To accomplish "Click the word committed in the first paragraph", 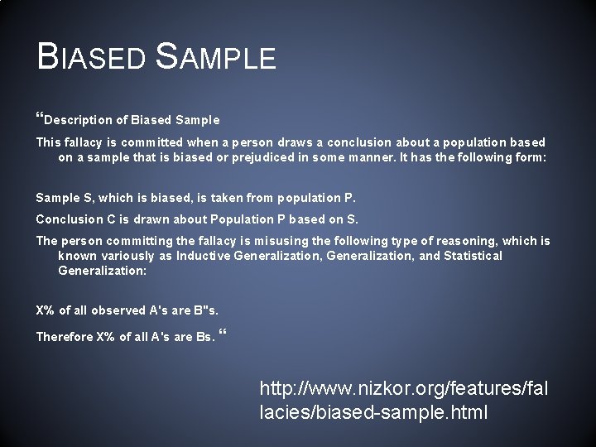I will click(x=149, y=142).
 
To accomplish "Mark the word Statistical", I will click(x=473, y=256).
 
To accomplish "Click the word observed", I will click(x=118, y=311).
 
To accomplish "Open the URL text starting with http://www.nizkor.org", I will click(x=403, y=399).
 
